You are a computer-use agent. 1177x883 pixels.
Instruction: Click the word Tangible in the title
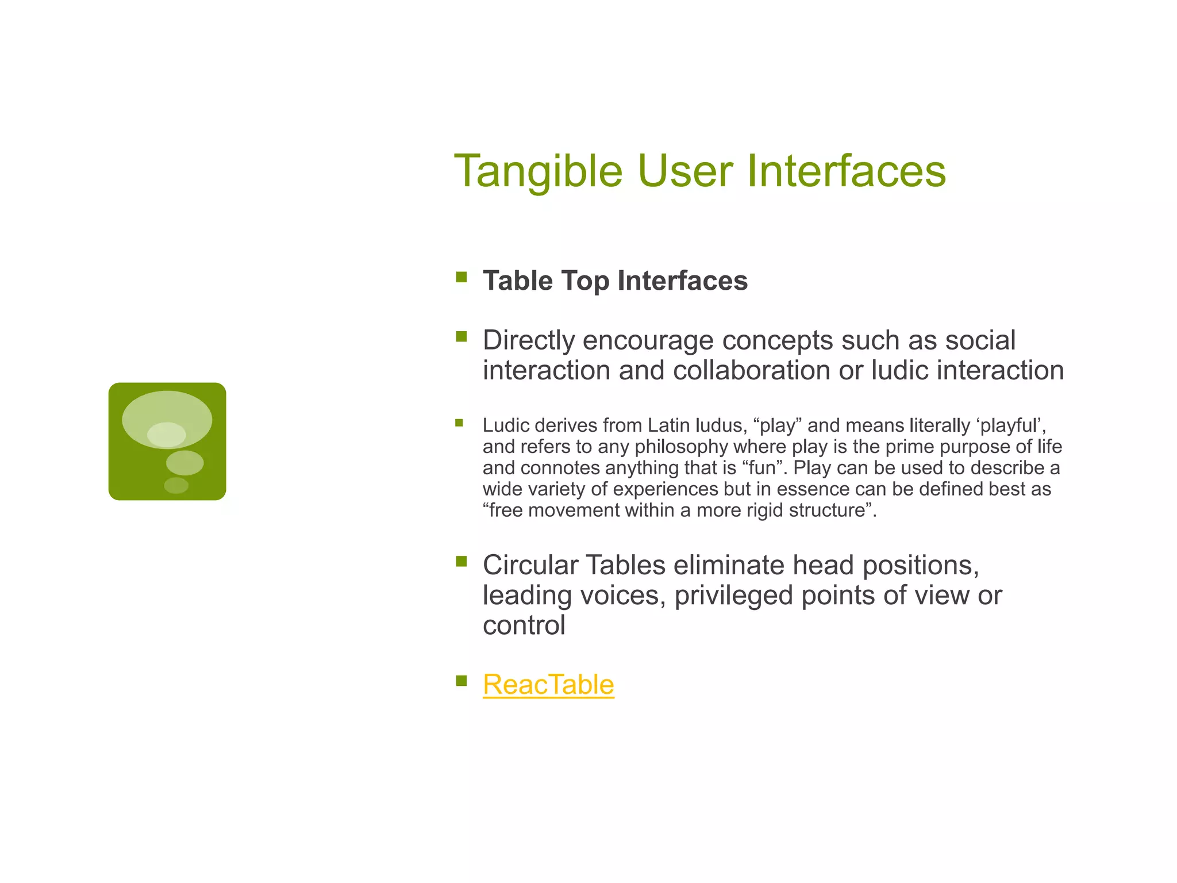pyautogui.click(x=538, y=171)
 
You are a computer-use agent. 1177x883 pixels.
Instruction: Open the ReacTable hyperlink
pyautogui.click(x=548, y=685)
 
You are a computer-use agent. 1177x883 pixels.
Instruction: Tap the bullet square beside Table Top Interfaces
pyautogui.click(x=461, y=278)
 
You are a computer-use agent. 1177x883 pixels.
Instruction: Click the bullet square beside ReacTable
pyautogui.click(x=461, y=681)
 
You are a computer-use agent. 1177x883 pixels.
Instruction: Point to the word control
pyautogui.click(x=524, y=625)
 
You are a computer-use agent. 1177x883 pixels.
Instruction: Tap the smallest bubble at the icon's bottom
pyautogui.click(x=176, y=486)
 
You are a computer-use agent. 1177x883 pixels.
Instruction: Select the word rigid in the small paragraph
pyautogui.click(x=765, y=510)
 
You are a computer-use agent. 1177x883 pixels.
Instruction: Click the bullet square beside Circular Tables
pyautogui.click(x=461, y=562)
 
